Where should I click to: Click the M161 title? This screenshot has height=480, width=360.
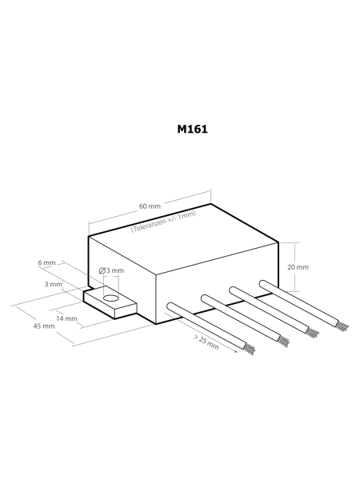point(192,129)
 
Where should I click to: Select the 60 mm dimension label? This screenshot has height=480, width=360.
point(150,206)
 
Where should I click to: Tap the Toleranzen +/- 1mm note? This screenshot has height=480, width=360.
point(163,222)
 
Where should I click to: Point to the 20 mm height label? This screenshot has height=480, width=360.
point(298,267)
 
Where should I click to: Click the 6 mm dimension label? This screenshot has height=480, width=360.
point(47,262)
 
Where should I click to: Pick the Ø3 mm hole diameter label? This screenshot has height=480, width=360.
point(111,270)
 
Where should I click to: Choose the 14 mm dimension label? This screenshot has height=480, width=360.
point(66,318)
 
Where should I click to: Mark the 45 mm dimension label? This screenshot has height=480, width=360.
point(44,326)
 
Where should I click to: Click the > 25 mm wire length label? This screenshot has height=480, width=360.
point(206,342)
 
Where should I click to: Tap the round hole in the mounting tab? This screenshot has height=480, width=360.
point(111,298)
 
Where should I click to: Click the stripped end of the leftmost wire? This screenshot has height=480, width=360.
point(250,349)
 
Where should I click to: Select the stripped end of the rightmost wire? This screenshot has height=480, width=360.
point(342,326)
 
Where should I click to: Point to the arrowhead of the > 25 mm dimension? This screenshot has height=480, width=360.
point(235,351)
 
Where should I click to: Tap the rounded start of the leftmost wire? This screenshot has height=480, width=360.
point(170,307)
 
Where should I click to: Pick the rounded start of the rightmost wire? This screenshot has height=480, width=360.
point(263,284)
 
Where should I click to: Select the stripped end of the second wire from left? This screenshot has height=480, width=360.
point(283,341)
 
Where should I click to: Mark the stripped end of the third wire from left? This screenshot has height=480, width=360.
point(312,333)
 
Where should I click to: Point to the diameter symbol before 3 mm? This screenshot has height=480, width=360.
point(102,270)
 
